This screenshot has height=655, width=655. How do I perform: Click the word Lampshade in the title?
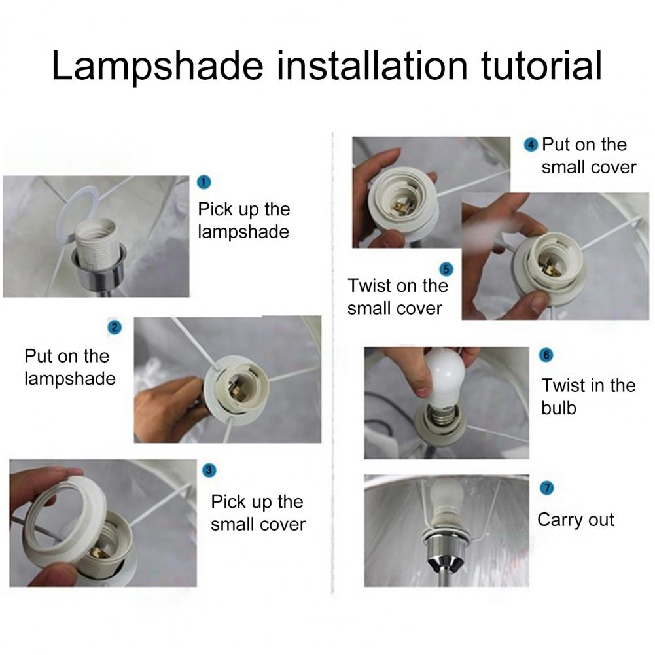tap(158, 66)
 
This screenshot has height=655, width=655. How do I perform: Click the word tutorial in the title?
tap(541, 65)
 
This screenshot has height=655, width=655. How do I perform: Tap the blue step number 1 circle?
tap(204, 183)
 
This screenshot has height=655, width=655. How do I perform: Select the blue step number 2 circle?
tap(115, 327)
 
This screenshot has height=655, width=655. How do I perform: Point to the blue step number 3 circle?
tap(209, 470)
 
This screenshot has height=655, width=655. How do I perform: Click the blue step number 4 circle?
tap(531, 145)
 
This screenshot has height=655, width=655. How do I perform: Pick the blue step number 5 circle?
tap(446, 270)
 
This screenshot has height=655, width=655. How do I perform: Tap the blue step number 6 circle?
tap(546, 355)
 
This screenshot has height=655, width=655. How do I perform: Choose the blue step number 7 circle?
tap(547, 488)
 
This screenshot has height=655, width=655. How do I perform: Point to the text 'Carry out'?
tap(576, 520)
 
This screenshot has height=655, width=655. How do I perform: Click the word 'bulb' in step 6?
tap(559, 408)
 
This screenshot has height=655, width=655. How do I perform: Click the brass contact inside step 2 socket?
tap(238, 391)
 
